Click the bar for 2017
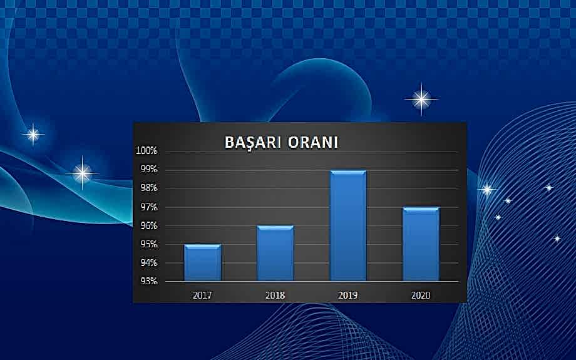point(202,263)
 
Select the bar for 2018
point(275,254)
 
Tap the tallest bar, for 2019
point(348,227)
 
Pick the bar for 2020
point(421,244)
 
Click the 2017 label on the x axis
point(202,294)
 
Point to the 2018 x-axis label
point(275,294)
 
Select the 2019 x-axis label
point(348,294)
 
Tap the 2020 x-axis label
point(421,294)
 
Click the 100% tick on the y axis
point(147,151)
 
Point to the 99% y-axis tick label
point(148,170)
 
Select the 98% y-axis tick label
point(148,188)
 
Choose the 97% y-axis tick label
point(148,207)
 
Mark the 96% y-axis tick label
point(148,226)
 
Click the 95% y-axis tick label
point(148,244)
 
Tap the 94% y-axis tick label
point(148,263)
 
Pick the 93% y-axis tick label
point(148,280)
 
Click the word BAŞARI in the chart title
point(253,143)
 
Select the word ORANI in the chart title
point(313,143)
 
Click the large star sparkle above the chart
point(421,99)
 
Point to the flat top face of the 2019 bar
point(348,172)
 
